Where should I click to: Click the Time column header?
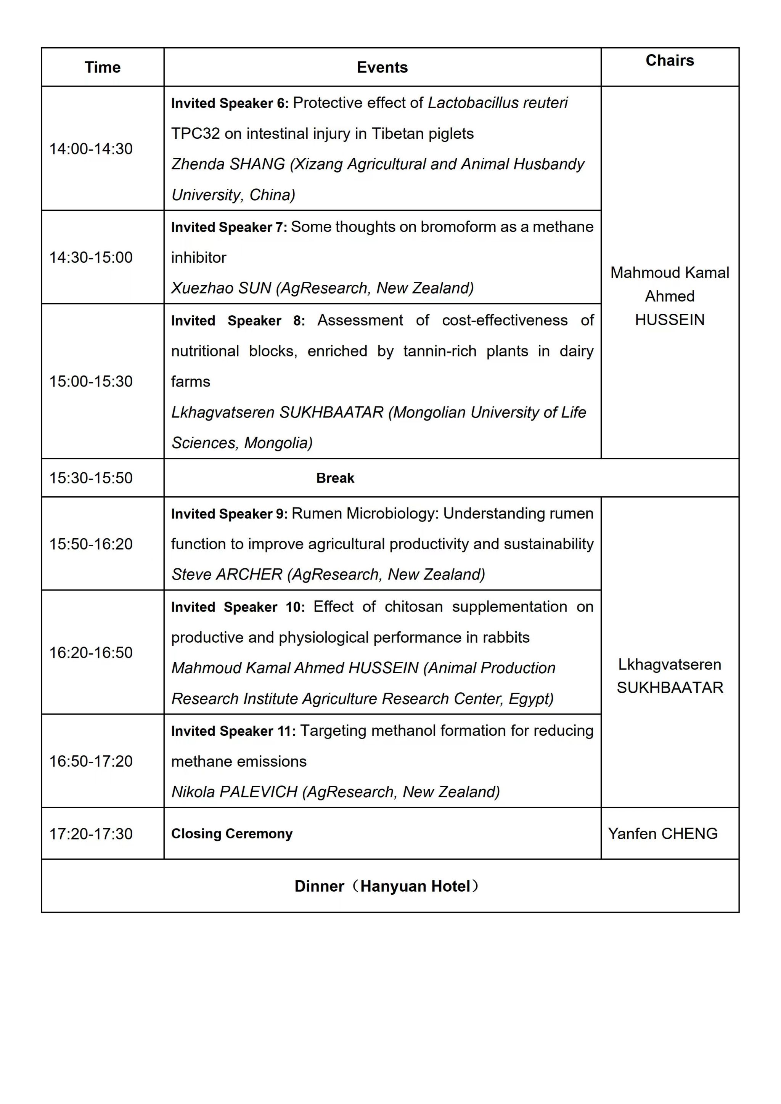103,67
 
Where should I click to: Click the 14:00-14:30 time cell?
91,149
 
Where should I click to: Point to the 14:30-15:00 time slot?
91,258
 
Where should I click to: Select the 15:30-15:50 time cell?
91,478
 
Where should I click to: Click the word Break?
335,478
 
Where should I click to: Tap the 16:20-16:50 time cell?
91,653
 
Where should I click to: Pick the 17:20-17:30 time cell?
91,834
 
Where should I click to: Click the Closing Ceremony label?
232,834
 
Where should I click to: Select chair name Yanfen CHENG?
663,834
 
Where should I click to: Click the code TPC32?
195,134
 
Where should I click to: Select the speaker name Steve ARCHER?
227,574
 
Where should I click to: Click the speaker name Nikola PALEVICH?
235,792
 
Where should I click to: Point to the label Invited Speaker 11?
233,731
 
